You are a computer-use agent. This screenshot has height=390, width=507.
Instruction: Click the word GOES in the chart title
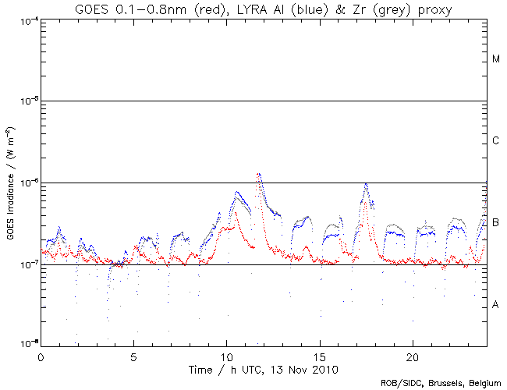(x=93, y=9)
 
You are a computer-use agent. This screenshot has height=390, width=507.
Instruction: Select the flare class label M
(x=496, y=59)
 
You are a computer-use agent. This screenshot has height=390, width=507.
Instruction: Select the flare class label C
(x=496, y=141)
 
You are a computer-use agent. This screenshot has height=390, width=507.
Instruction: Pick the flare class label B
(x=496, y=223)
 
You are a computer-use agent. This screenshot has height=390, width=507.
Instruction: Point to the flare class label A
(x=496, y=304)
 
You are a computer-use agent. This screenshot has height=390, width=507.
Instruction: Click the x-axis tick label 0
(x=41, y=355)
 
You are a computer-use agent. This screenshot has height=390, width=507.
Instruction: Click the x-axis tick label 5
(x=133, y=355)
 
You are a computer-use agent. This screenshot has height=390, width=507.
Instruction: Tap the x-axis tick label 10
(x=226, y=355)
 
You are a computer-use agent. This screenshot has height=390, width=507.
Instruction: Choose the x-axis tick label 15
(x=319, y=355)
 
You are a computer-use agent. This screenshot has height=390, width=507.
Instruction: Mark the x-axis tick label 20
(x=412, y=355)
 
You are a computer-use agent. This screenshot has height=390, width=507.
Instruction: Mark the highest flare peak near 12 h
(x=258, y=174)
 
